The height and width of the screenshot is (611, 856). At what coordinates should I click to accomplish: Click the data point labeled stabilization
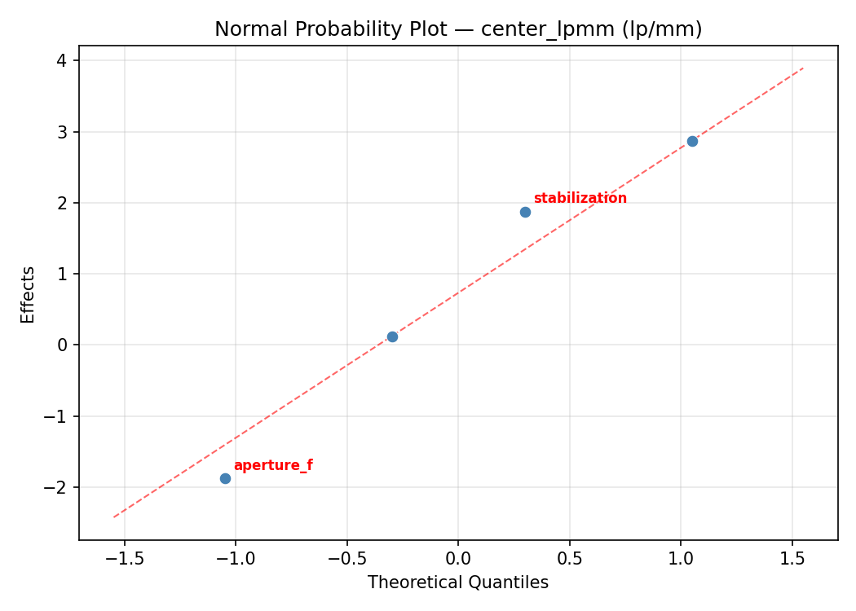[x=525, y=212]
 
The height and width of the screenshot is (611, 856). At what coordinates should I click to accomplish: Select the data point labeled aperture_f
[x=225, y=478]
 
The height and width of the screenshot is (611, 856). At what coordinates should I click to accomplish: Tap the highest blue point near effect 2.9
[x=692, y=141]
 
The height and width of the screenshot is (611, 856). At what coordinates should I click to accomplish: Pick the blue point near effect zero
[x=392, y=336]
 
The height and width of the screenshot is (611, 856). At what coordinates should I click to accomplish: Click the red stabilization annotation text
[x=580, y=198]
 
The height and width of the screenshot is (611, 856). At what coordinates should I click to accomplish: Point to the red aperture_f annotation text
[x=273, y=466]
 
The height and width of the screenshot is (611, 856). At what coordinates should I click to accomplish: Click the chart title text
[x=458, y=29]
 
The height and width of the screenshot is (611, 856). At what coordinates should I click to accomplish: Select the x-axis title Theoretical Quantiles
[x=458, y=582]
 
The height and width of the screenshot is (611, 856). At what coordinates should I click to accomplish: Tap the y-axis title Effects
[x=29, y=294]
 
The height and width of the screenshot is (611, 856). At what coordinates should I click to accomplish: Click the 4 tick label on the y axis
[x=63, y=61]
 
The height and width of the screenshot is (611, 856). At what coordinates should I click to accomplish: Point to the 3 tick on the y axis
[x=63, y=132]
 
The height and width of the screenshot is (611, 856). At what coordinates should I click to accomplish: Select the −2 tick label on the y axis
[x=58, y=487]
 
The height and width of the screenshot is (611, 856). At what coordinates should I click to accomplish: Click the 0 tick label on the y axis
[x=63, y=345]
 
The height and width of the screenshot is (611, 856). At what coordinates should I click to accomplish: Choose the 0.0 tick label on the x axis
[x=458, y=559]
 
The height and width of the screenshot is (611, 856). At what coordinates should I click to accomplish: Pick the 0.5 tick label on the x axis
[x=569, y=559]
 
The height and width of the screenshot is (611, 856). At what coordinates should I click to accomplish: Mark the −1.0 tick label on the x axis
[x=236, y=559]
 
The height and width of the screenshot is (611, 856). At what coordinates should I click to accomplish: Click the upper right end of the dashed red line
[x=803, y=68]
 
